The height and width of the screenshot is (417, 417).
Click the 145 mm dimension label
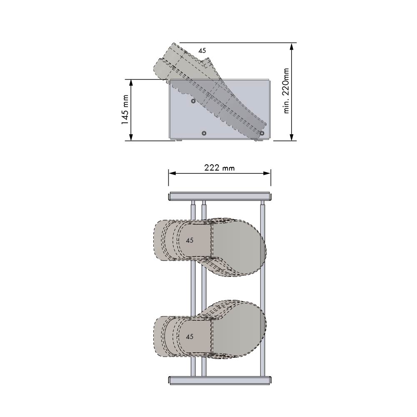click(125, 110)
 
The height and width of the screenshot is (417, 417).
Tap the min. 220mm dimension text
click(286, 91)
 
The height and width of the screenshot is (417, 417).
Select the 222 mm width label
click(220, 168)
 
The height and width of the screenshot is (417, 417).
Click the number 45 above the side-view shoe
click(202, 50)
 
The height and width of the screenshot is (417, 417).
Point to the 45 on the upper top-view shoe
click(190, 241)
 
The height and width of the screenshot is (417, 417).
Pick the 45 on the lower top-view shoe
click(190, 337)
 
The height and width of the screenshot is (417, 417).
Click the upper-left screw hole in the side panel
click(193, 101)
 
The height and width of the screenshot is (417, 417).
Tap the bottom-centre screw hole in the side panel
click(204, 133)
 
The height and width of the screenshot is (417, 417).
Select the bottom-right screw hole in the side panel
click(262, 133)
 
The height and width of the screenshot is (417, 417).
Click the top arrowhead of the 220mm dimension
click(292, 47)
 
